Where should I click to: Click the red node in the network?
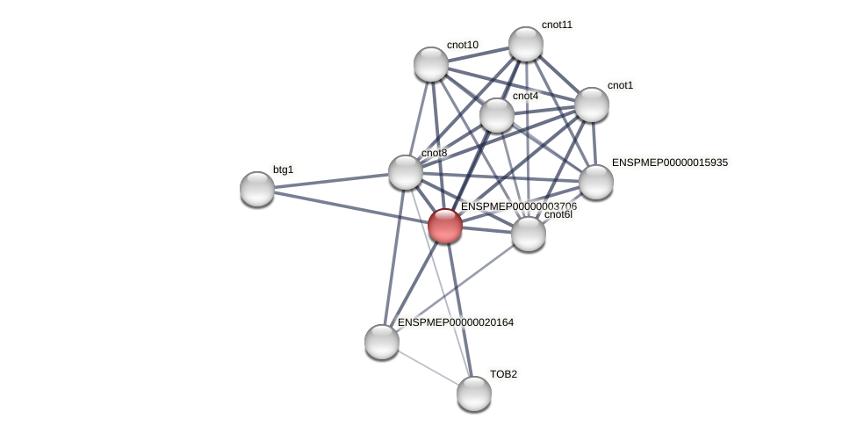(445, 226)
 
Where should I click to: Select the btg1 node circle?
(257, 189)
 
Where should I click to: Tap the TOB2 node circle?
(474, 393)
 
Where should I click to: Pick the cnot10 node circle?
(431, 64)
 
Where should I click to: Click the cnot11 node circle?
(526, 44)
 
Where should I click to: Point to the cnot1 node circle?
(592, 105)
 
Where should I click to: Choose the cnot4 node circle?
(497, 115)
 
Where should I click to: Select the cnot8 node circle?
(406, 172)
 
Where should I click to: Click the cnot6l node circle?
(529, 234)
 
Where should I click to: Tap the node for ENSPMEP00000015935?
(596, 182)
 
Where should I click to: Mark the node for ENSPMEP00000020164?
(382, 342)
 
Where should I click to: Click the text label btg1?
(283, 170)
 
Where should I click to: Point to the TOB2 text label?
(503, 374)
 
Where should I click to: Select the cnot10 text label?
(462, 45)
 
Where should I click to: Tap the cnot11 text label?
(557, 25)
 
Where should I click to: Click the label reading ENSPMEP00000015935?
(669, 162)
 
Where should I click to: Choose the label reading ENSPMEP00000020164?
(455, 322)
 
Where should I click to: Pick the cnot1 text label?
(620, 85)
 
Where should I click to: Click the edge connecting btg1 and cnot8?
(331, 181)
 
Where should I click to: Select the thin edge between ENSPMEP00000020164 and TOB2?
(428, 367)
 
